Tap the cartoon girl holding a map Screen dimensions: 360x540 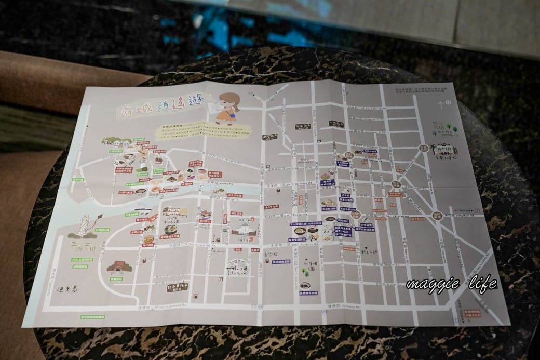point(227,109)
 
